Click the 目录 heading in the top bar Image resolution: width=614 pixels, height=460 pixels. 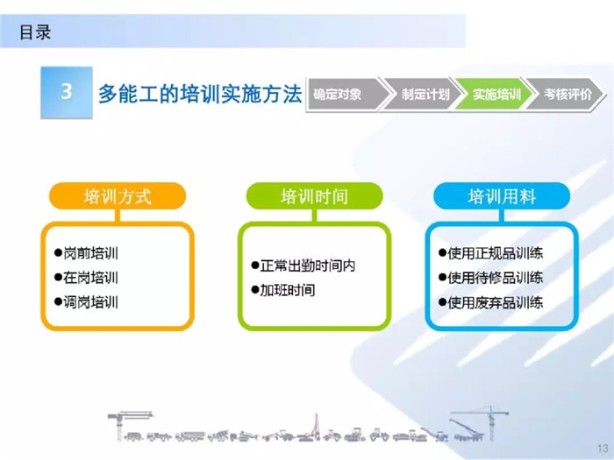[x=35, y=32]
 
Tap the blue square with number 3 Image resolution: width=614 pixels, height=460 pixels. [x=67, y=92]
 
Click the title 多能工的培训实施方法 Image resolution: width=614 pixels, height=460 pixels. [x=200, y=94]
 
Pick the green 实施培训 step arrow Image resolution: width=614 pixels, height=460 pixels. [x=494, y=95]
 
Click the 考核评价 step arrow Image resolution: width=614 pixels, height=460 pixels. [x=566, y=95]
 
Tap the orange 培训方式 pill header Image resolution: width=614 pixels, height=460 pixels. [x=118, y=196]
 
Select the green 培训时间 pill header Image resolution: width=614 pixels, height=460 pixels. [x=314, y=196]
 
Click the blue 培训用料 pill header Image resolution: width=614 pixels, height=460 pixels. [x=502, y=196]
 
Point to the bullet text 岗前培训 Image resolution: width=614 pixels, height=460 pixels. [x=91, y=253]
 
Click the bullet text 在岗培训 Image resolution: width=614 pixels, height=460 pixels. [x=91, y=278]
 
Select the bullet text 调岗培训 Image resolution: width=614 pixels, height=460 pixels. [x=91, y=302]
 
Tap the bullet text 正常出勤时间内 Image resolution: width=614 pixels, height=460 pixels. [x=308, y=266]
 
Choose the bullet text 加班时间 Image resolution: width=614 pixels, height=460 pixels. [x=288, y=290]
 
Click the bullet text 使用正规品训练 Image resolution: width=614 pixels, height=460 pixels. [x=496, y=253]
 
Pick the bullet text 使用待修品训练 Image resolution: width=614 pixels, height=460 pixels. [x=496, y=278]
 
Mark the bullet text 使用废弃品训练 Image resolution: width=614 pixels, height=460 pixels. [x=496, y=302]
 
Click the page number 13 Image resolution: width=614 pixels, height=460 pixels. [x=603, y=449]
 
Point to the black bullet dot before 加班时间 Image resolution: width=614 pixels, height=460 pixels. [x=255, y=290]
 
